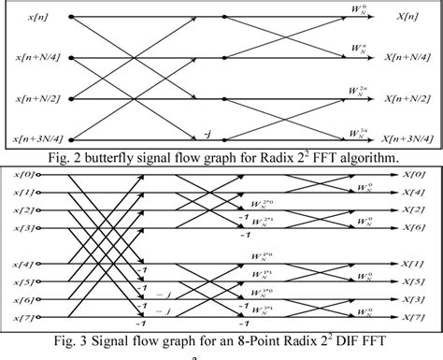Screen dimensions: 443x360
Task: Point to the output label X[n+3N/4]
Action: pyautogui.click(x=409, y=138)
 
